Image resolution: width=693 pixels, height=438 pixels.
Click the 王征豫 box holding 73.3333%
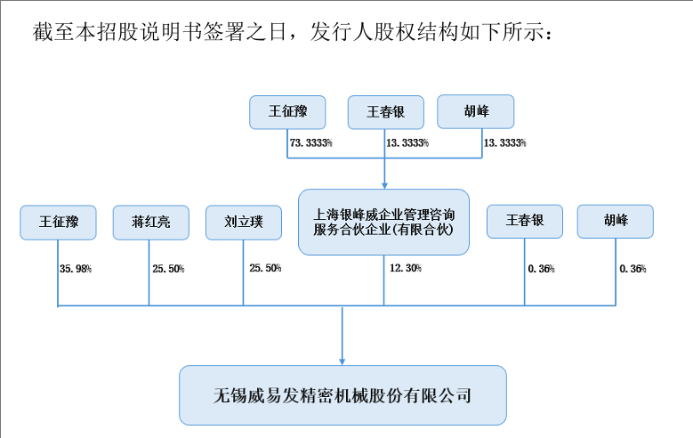coord(287,112)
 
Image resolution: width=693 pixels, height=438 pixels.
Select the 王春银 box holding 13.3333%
coord(386,112)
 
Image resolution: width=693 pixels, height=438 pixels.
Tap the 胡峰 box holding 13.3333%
coord(476,111)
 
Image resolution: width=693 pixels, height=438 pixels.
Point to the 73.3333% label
coord(311,143)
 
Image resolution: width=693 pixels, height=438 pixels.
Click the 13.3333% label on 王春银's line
coord(407,143)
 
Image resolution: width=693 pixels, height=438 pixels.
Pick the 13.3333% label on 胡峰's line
coord(504,143)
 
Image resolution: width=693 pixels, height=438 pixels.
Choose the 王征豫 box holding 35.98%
coord(58,223)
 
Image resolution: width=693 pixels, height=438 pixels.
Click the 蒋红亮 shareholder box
coord(151,223)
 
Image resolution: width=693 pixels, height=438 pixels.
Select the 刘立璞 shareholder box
coord(244,223)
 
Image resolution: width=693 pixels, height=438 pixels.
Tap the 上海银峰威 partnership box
coord(383,222)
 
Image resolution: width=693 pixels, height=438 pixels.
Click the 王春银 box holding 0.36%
coord(525,221)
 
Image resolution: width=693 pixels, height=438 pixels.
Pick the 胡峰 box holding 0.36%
coord(616,221)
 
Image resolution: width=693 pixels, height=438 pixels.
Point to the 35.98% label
coord(76,269)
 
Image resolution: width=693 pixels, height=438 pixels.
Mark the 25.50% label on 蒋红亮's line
coord(168,269)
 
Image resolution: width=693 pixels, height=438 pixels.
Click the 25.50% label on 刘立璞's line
coord(265,268)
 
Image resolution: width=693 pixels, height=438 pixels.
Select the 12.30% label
coord(406,268)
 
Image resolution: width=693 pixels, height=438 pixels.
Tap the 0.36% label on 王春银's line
coord(542,269)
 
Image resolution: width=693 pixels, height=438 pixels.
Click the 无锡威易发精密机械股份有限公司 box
coord(342,395)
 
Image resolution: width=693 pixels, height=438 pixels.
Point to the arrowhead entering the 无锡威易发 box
coord(342,361)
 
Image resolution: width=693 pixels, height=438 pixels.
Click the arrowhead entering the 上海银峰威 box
coord(384,185)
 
